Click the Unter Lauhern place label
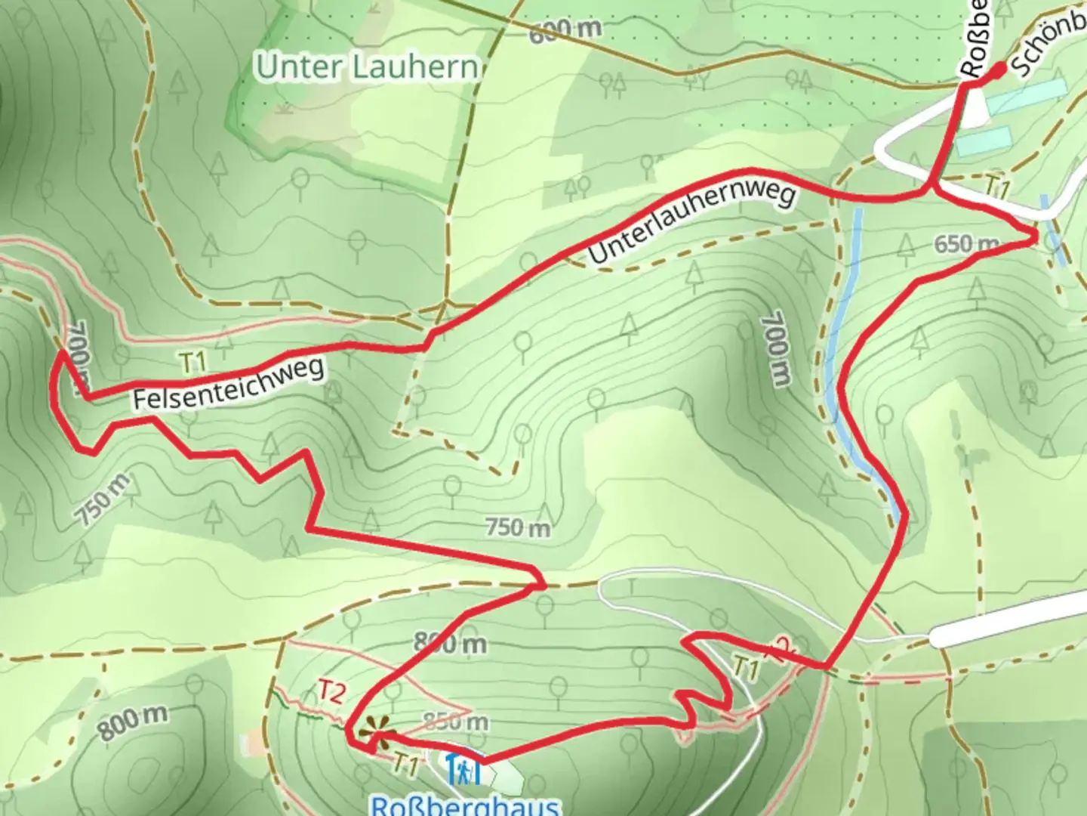[368, 66]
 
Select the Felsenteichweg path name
[229, 384]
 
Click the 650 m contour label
[965, 245]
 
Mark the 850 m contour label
[455, 722]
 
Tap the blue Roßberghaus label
[467, 805]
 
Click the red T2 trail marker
[332, 691]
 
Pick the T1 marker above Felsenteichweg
[193, 362]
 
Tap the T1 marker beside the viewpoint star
[405, 765]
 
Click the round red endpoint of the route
[999, 70]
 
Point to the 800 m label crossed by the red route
[450, 644]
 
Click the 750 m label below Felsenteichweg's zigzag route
[103, 499]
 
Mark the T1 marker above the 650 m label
[996, 188]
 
